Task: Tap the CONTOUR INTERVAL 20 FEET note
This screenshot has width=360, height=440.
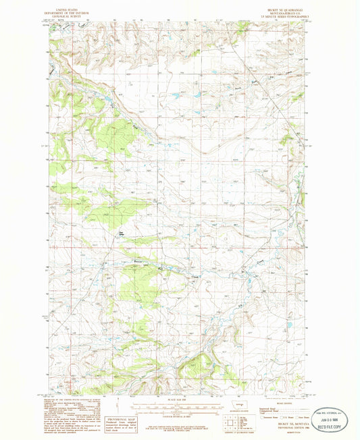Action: coord(174,413)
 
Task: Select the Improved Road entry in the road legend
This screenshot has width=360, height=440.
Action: coord(270,409)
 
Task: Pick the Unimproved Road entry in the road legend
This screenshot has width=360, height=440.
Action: coord(270,412)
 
